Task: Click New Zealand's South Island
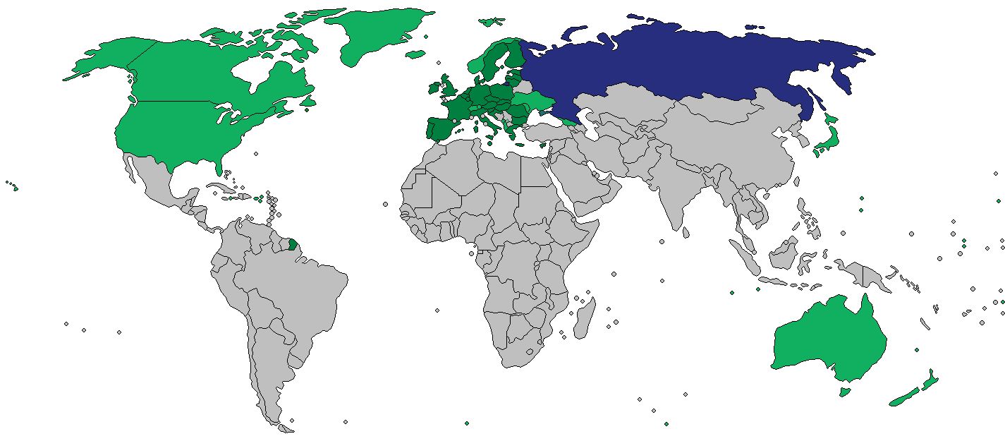903,399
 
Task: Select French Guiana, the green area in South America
293,245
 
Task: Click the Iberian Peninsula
441,128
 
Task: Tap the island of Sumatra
743,257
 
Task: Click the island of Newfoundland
307,102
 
